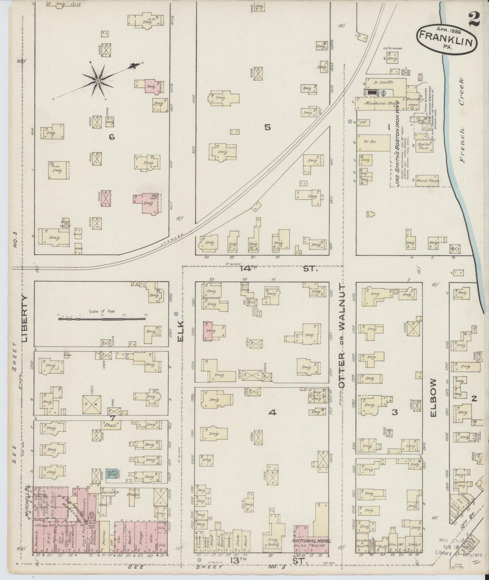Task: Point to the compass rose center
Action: [98, 81]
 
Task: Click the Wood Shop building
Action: [427, 181]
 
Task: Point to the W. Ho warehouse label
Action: [368, 142]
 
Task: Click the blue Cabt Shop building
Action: [112, 473]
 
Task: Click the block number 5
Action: [268, 128]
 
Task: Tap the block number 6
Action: [110, 137]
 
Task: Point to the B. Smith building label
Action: [383, 82]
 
